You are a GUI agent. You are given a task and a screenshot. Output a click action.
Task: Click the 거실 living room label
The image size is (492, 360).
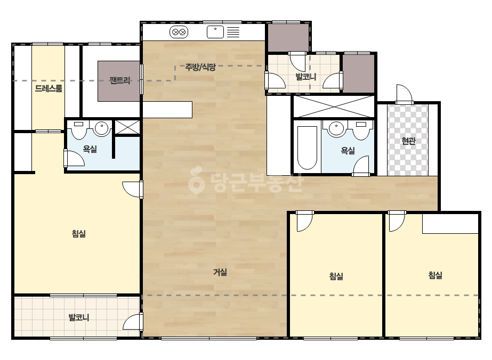point(220,272)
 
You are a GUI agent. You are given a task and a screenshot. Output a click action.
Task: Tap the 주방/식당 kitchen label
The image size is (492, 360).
point(201,67)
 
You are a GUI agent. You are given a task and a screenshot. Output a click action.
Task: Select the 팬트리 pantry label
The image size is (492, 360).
point(120,80)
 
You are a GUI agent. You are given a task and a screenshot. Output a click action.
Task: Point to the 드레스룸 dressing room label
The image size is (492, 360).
point(49,88)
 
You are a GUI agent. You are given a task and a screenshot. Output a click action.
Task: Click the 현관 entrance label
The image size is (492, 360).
point(408,141)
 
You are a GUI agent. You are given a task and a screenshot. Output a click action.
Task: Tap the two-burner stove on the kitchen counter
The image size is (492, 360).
point(179,32)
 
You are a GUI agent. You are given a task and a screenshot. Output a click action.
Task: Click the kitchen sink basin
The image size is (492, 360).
point(215,32)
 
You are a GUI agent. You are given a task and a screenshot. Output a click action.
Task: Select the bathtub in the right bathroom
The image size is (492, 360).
point(307,148)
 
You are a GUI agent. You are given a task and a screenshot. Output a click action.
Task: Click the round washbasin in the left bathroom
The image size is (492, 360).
point(101,128)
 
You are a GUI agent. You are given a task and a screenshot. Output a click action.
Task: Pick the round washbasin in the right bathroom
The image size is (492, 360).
point(336,128)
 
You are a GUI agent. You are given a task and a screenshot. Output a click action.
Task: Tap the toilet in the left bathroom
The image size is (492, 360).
point(79,130)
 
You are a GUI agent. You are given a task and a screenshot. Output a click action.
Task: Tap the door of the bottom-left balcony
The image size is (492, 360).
point(133,322)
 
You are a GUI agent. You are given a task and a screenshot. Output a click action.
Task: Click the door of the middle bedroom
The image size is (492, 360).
point(305,222)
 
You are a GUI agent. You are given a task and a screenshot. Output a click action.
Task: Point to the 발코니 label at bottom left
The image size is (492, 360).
point(79,317)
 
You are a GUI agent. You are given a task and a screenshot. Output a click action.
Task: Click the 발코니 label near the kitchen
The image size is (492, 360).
point(305,77)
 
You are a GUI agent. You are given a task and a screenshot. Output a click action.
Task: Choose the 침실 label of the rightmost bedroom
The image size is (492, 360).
point(435,275)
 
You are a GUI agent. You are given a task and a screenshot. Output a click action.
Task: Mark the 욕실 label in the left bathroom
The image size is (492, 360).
point(90,149)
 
